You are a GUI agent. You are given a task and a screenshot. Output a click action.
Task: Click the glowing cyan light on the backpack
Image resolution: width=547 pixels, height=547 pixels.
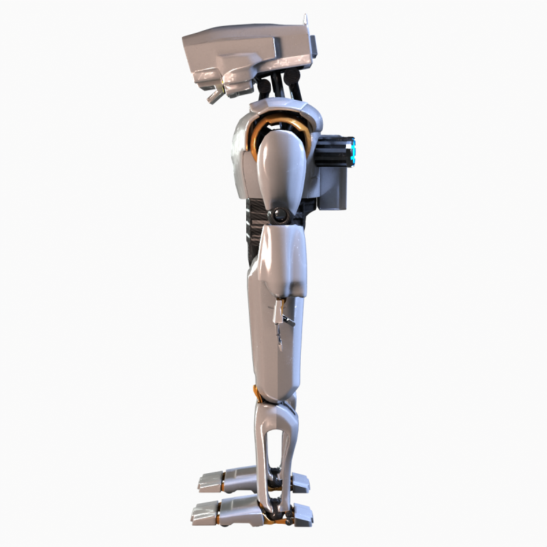tap(353, 151)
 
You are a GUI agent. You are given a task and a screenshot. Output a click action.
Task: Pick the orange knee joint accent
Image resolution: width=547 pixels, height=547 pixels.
tap(256, 394)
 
